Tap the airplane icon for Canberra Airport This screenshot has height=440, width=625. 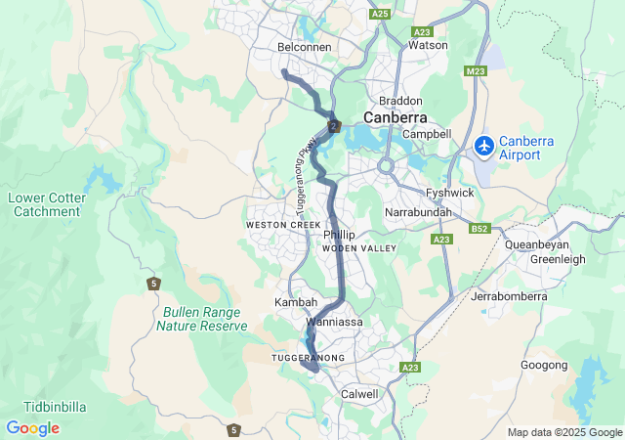click(x=482, y=147)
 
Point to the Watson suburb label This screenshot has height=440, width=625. click(x=428, y=45)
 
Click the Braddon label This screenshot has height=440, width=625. click(x=400, y=101)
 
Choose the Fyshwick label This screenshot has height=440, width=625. click(x=449, y=193)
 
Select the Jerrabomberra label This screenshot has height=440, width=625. click(x=511, y=295)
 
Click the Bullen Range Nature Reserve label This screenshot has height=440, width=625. click(x=205, y=319)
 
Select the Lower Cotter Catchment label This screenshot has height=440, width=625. click(x=46, y=204)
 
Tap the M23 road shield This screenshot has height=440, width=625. click(x=477, y=70)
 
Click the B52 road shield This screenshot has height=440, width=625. click(x=479, y=229)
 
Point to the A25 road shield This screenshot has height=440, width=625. click(x=381, y=14)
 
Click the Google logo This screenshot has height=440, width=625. click(x=32, y=428)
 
